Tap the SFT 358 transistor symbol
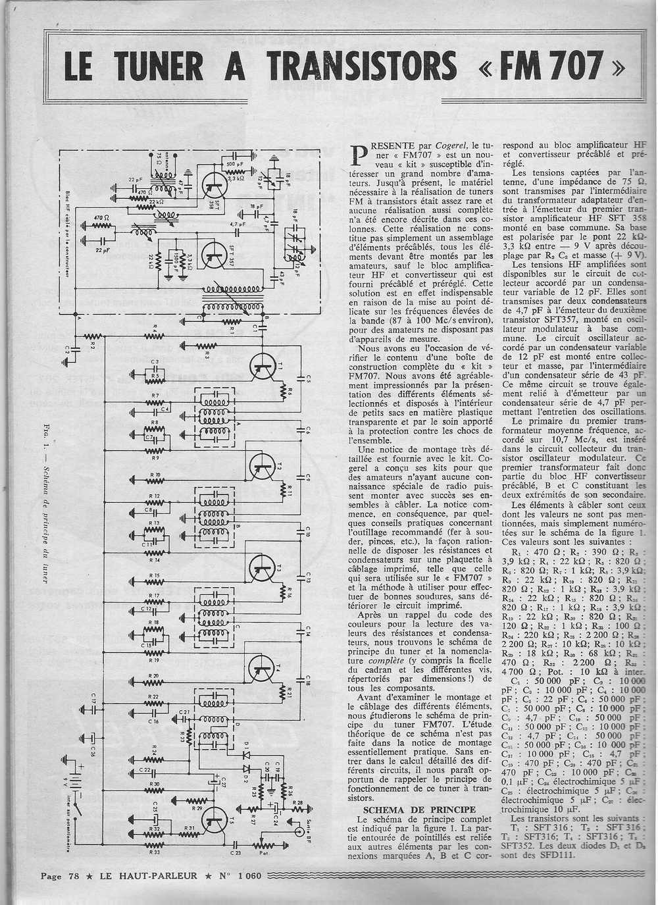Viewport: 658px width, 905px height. pos(215,184)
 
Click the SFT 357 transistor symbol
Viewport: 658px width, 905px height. pos(213,254)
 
